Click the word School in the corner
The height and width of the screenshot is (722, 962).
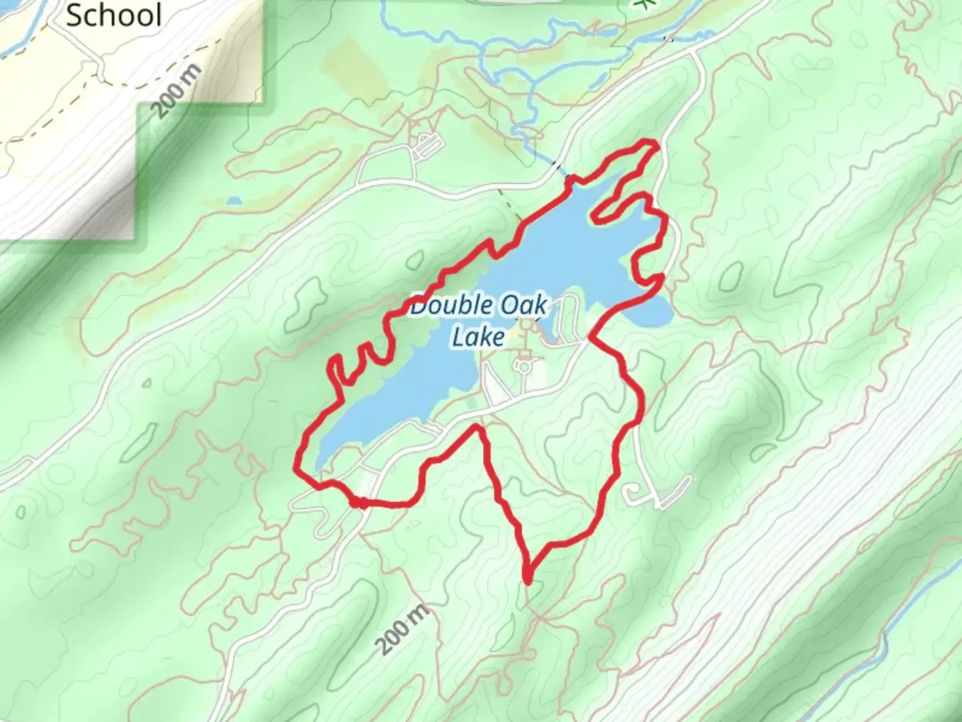click(x=114, y=15)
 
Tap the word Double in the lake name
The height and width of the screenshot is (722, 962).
click(x=449, y=306)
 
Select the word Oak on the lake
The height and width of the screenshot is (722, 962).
click(x=524, y=306)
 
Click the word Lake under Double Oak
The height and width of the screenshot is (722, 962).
click(x=478, y=336)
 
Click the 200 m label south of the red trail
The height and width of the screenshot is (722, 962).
click(x=400, y=629)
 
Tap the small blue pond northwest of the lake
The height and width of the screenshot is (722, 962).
click(x=233, y=200)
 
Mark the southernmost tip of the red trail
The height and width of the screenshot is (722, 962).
click(x=528, y=581)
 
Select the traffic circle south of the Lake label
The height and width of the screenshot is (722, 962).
click(x=523, y=366)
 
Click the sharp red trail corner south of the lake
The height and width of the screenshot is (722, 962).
click(x=477, y=427)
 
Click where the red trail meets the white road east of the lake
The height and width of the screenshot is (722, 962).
click(x=590, y=340)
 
